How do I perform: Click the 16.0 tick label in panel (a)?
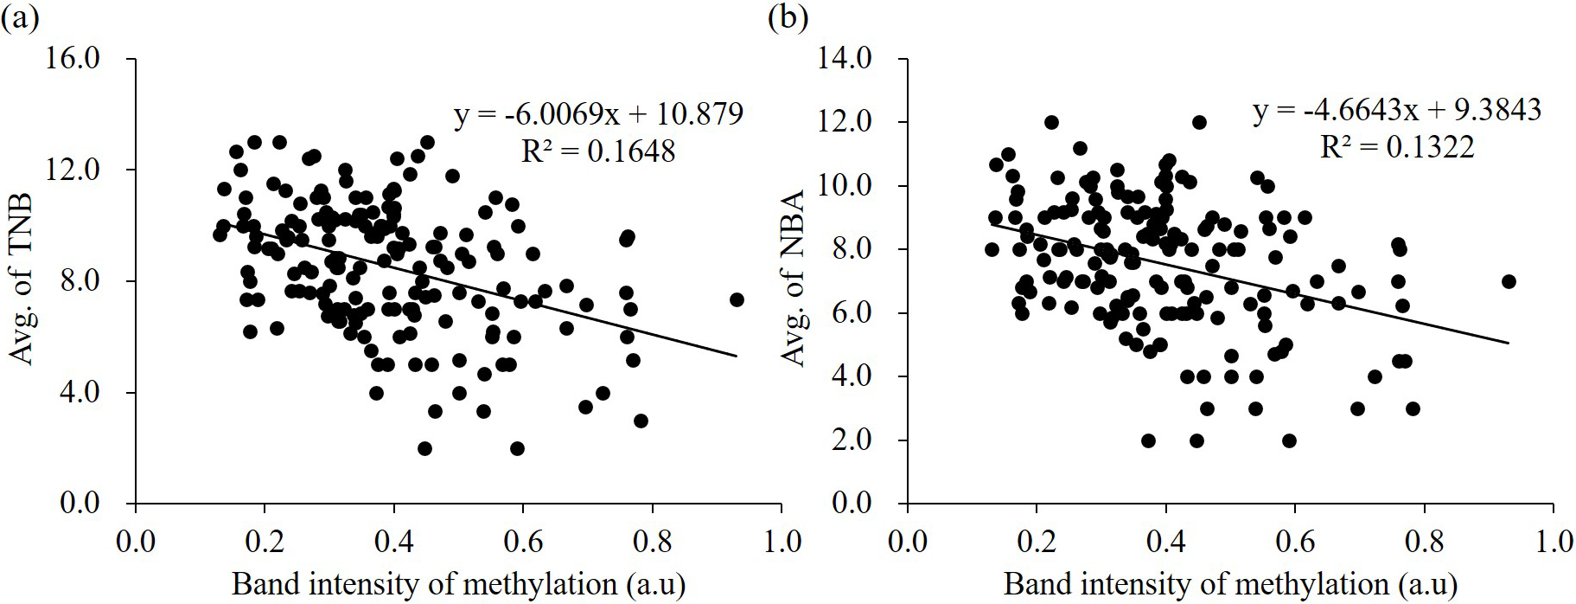click(x=75, y=59)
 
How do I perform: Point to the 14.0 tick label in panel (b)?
click(x=847, y=59)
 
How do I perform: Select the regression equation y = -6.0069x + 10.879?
click(x=598, y=114)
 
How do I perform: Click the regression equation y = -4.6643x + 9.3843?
click(x=1397, y=110)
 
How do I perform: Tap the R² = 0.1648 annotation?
click(x=598, y=151)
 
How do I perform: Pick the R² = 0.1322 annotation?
click(x=1397, y=147)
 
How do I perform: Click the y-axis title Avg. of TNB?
click(x=21, y=279)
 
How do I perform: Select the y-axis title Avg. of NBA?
click(x=792, y=279)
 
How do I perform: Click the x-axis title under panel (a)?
click(x=458, y=585)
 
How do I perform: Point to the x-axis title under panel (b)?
click(x=1230, y=585)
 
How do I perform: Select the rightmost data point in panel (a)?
click(x=737, y=299)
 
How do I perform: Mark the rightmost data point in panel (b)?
click(x=1509, y=281)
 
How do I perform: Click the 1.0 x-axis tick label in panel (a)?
click(x=782, y=542)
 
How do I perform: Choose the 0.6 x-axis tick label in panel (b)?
click(x=1295, y=542)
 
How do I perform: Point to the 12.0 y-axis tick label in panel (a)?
click(x=75, y=170)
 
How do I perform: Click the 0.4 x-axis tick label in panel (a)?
click(x=393, y=542)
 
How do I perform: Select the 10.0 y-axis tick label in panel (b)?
click(x=847, y=186)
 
